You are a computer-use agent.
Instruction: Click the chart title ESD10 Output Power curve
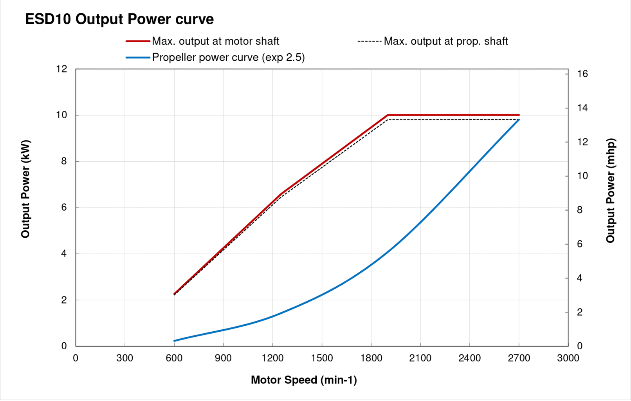coord(119,19)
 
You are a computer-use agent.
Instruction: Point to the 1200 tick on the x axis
coord(272,358)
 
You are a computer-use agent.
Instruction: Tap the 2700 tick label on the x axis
coord(519,358)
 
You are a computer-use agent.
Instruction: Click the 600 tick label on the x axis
coord(174,358)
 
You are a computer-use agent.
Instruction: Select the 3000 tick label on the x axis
coord(568,358)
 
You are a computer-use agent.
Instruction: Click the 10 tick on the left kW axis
coord(62,115)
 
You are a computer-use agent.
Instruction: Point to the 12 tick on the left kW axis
coord(62,69)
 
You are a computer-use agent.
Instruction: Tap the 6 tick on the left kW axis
coord(64,208)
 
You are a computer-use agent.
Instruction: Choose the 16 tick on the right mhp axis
coord(582,74)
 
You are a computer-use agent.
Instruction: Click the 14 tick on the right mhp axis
coord(582,108)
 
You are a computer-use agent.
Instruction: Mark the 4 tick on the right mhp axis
coord(580,278)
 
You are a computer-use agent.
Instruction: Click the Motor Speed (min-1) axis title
coord(304,380)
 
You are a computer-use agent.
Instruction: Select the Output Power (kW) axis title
coord(25,189)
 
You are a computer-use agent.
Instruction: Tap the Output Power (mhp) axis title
coord(610,190)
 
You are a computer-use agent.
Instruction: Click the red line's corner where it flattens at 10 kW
coord(388,115)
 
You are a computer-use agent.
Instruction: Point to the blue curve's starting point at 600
coord(174,341)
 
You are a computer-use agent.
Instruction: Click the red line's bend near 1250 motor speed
coord(281,194)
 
